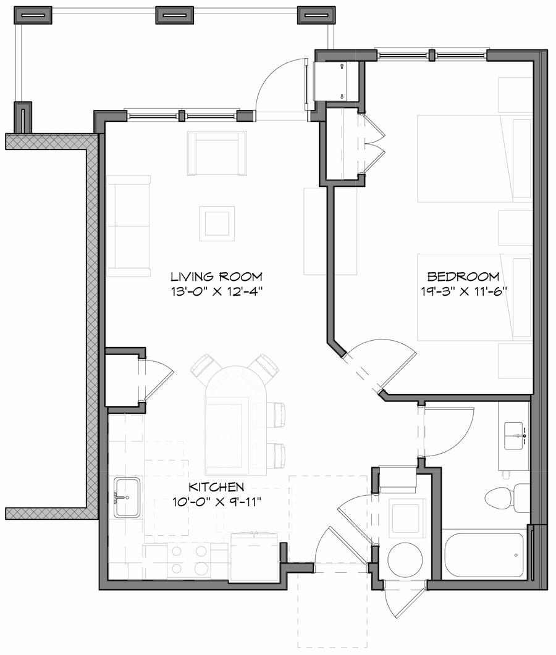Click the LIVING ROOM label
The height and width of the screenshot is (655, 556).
click(x=216, y=277)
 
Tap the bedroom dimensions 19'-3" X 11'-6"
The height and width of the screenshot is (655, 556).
click(x=463, y=291)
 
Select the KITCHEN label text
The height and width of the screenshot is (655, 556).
click(x=216, y=486)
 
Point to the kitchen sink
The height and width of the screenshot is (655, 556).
click(x=127, y=497)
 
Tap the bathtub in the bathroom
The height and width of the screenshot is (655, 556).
click(x=484, y=556)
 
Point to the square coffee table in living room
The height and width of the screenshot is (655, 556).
click(x=217, y=223)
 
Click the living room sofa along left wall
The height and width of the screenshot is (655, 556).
click(x=128, y=226)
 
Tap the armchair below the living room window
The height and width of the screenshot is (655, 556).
click(x=217, y=153)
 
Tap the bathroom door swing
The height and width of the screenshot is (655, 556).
click(x=449, y=432)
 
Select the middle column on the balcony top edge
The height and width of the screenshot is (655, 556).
click(x=175, y=15)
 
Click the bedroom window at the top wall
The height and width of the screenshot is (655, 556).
click(x=432, y=55)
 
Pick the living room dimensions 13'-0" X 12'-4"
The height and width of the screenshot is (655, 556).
click(x=217, y=291)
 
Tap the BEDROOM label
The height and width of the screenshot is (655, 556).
click(x=463, y=277)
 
